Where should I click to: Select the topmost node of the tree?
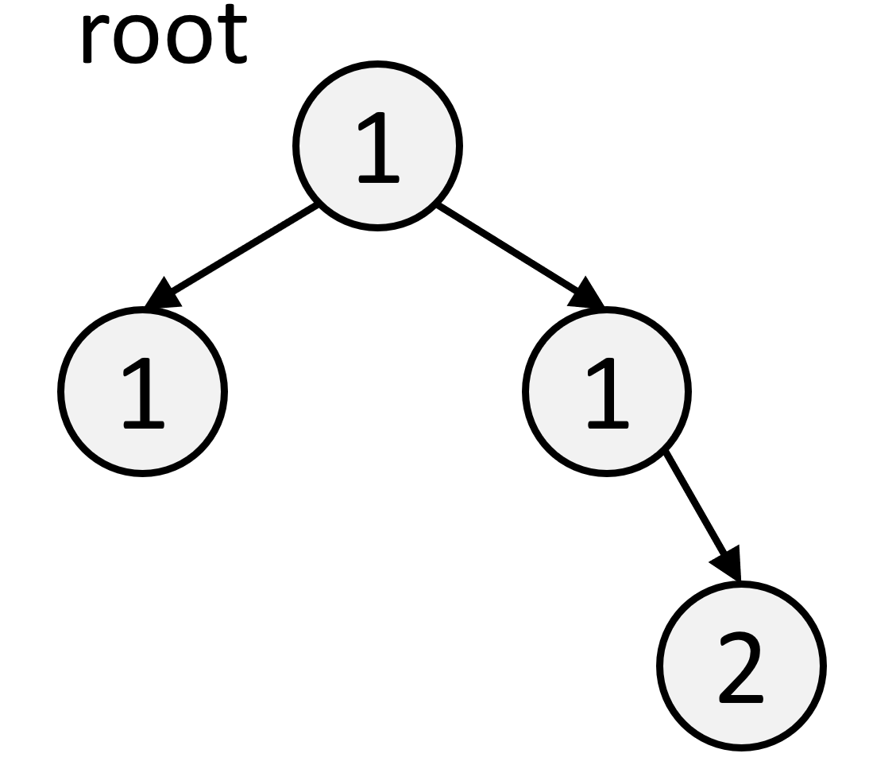[377, 146]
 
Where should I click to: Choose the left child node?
[142, 390]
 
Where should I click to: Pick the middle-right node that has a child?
[606, 390]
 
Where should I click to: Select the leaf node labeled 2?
[740, 666]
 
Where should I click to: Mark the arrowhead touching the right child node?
[586, 295]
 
